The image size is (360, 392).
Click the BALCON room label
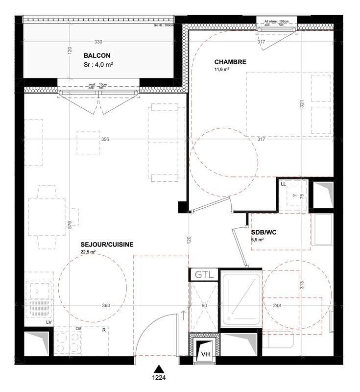97,55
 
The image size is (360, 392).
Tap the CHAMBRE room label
230,62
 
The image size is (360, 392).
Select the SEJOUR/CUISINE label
107,245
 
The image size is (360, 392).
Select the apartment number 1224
158,378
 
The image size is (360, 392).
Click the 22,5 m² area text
88,252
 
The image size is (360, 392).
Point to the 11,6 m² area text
222,70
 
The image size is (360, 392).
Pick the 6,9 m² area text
258,240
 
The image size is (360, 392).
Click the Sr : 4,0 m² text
98,64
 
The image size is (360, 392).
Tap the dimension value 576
70,224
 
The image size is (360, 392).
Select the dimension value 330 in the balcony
98,42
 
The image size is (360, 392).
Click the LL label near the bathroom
283,184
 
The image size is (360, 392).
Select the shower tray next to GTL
241,299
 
